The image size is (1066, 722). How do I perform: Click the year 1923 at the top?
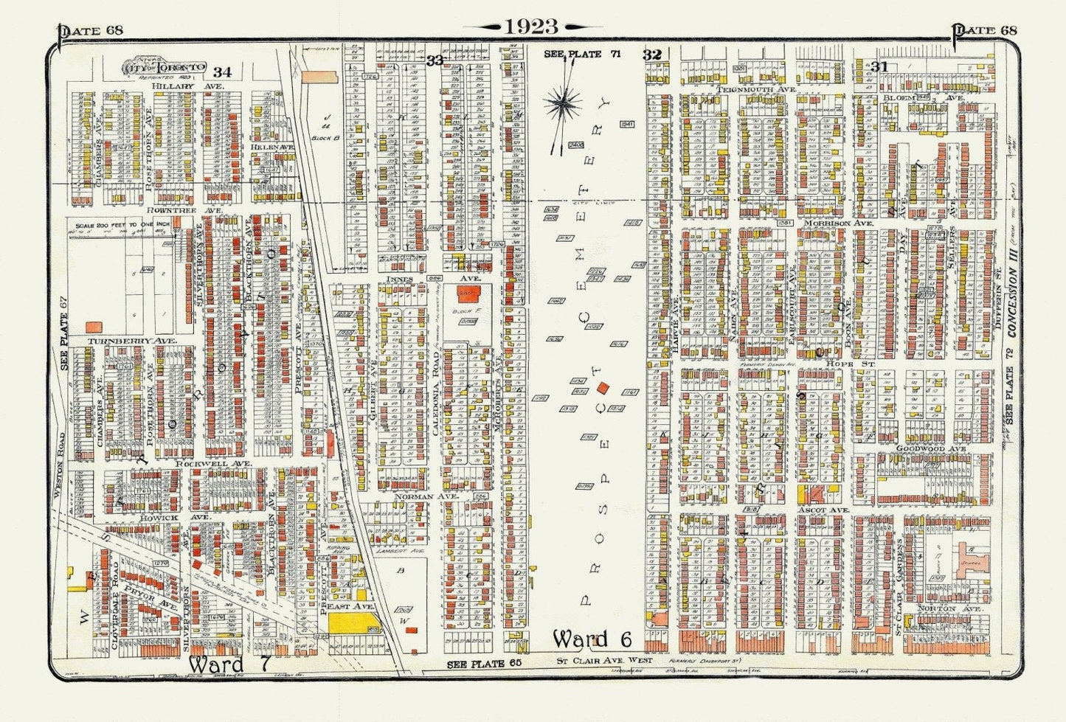click(x=531, y=27)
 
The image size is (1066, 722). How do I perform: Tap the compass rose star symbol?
click(x=563, y=105)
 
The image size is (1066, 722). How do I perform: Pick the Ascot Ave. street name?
click(x=823, y=510)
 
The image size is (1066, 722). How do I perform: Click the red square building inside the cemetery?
click(x=603, y=387)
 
